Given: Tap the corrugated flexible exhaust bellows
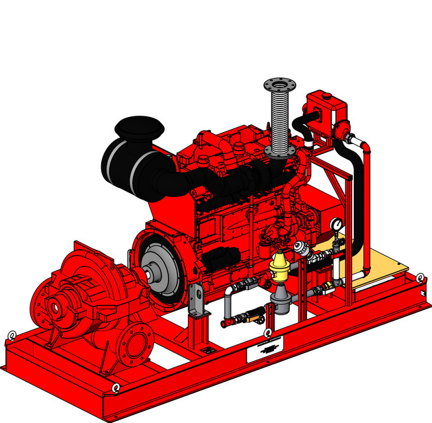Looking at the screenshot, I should coord(281,122).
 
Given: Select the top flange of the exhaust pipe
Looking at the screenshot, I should coord(281,85).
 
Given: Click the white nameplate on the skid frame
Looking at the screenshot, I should coord(265,348).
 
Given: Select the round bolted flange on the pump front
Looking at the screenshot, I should coord(139,343).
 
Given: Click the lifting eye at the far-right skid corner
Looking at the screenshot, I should coord(419,277).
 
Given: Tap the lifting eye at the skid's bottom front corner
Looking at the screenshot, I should coord(116,387).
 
